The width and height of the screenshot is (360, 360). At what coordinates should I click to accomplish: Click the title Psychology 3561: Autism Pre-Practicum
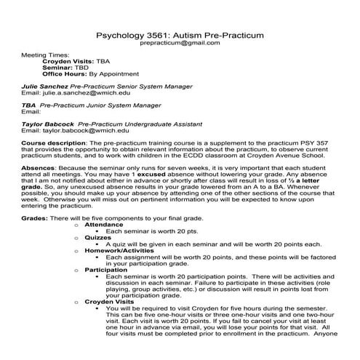point(180,34)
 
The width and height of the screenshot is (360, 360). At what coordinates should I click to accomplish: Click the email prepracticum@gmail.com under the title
point(180,43)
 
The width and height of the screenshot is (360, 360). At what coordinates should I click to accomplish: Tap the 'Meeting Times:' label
point(46,55)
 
